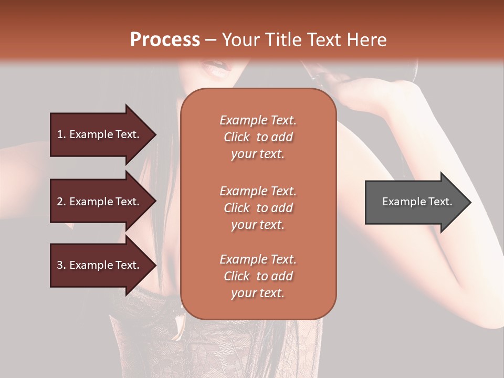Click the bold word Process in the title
coord(165,39)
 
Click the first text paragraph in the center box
coord(258,137)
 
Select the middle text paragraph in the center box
coord(258,208)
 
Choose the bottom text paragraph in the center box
coord(258,276)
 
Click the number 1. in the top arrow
coord(61,134)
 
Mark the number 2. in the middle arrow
coord(61,202)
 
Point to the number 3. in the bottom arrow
coord(61,265)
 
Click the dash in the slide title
coord(211,40)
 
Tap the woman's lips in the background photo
coord(217,67)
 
